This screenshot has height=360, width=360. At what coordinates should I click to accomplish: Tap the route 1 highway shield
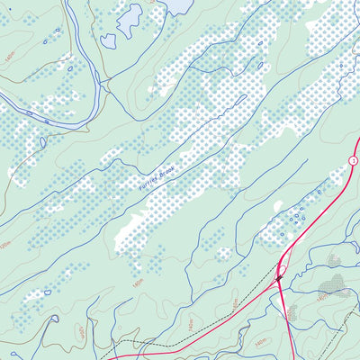(x=354, y=159)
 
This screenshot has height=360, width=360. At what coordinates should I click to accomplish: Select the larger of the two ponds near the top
(x=130, y=16)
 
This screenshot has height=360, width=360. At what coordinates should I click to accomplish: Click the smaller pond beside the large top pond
(x=108, y=40)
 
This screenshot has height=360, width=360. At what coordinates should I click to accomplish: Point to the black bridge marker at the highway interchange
(x=279, y=280)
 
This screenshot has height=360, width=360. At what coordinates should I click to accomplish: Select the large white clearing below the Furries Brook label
(x=135, y=229)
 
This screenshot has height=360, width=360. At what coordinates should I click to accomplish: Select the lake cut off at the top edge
(x=178, y=5)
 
